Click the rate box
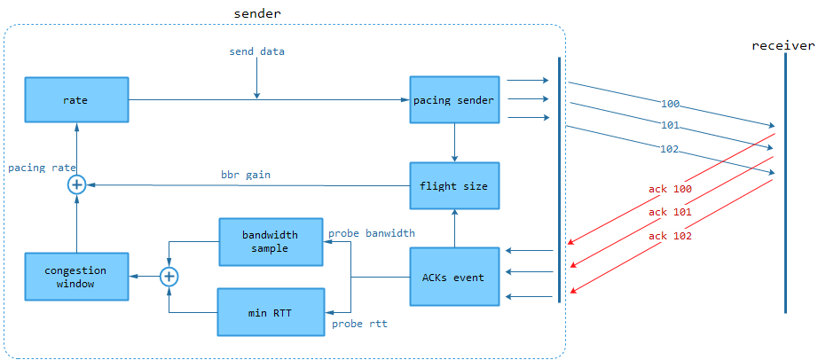75,100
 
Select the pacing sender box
454,100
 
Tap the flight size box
454,186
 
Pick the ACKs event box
454,278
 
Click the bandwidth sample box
270,242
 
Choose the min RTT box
270,312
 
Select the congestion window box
75,277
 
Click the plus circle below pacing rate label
76,184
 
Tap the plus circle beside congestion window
169,277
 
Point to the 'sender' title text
258,13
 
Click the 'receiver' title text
783,45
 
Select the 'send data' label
256,51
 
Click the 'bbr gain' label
246,175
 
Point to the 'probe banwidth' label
372,233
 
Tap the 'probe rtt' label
359,324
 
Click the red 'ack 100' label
670,190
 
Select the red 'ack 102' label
670,236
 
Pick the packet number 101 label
671,124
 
